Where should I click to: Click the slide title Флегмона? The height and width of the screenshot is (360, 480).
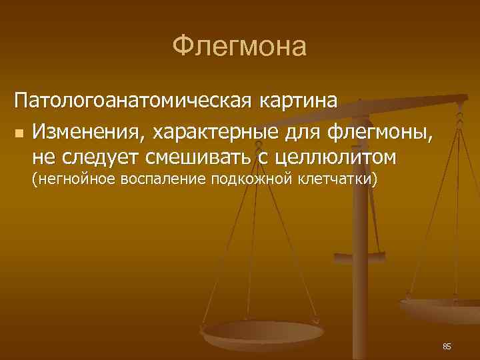pos(239,47)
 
